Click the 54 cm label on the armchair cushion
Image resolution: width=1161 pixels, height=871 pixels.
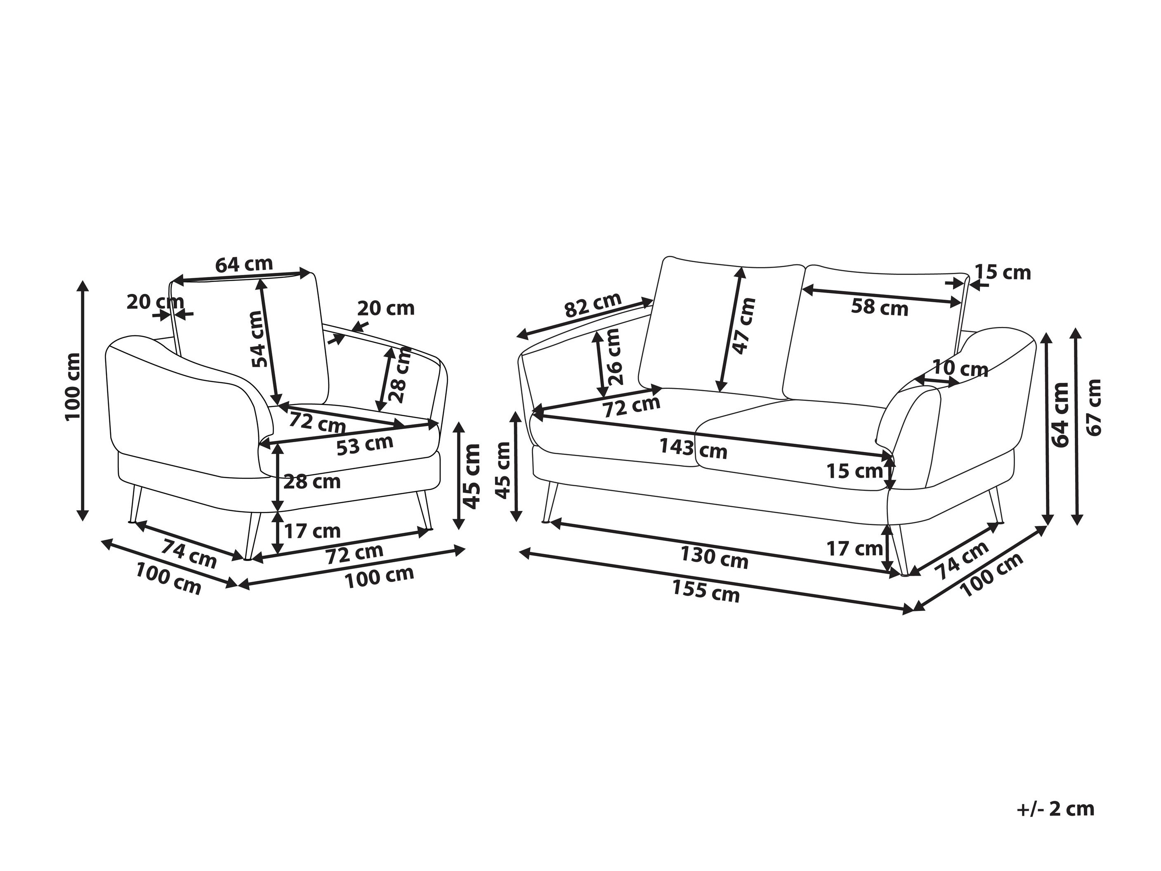click(256, 338)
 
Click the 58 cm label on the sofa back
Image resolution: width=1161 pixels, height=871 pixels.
click(880, 308)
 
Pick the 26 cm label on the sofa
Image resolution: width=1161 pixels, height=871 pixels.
click(613, 357)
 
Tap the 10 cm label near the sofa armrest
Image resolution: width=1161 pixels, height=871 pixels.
click(960, 369)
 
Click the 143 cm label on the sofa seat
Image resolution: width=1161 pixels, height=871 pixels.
click(694, 449)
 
